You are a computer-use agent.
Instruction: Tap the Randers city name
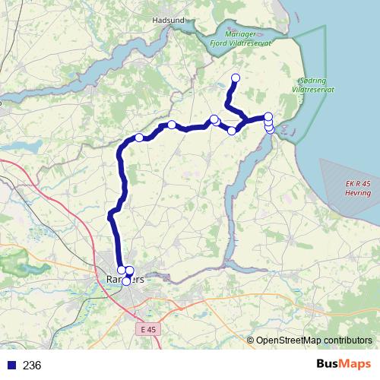(x=125, y=280)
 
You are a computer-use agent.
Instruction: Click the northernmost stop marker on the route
(x=236, y=78)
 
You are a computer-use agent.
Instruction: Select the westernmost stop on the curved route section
(x=140, y=138)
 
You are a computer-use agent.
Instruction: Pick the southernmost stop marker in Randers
(x=126, y=282)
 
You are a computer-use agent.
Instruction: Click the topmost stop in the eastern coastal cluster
(x=268, y=116)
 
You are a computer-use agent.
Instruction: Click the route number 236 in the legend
(x=32, y=366)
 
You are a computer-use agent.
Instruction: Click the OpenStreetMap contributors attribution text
(x=314, y=340)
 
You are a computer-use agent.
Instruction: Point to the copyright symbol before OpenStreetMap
(x=250, y=340)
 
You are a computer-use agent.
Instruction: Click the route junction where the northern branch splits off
(x=244, y=122)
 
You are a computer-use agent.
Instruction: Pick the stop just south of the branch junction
(x=232, y=131)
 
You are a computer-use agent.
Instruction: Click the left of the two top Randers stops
(x=122, y=270)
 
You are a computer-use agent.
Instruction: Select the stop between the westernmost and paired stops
(x=173, y=125)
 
